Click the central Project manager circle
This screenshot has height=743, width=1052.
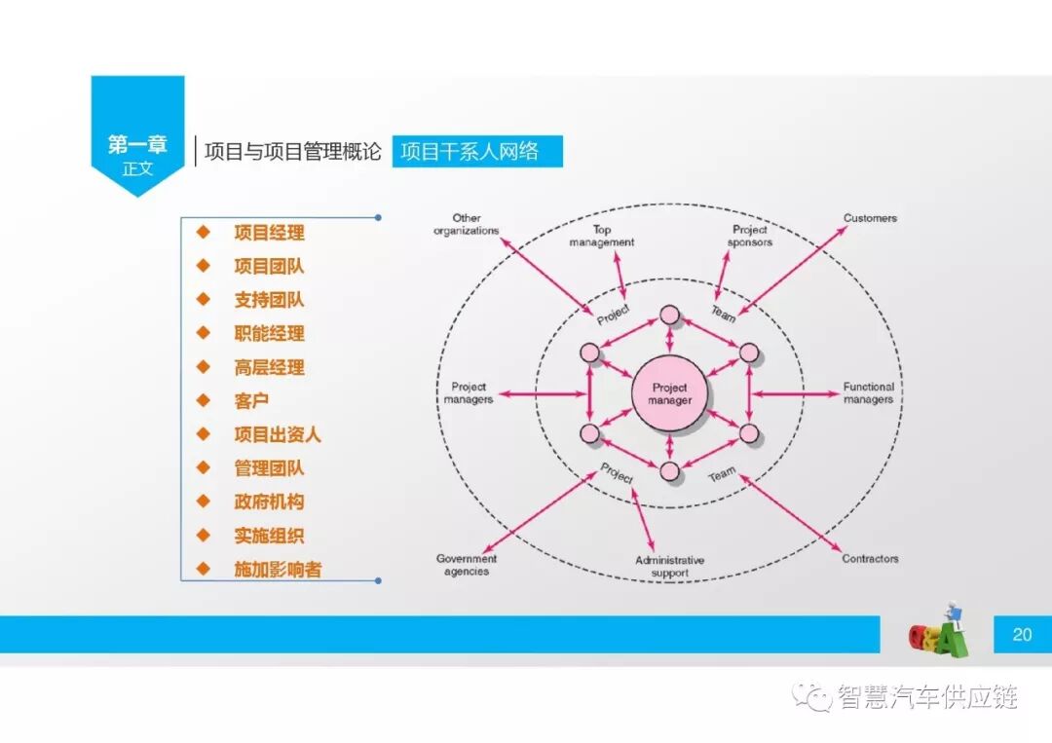(670, 393)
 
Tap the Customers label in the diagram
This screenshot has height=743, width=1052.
(870, 219)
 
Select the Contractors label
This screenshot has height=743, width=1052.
(870, 559)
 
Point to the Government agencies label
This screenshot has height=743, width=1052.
(466, 565)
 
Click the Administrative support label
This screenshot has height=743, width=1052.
(669, 567)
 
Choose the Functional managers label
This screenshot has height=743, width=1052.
(868, 393)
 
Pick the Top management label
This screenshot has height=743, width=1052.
(601, 236)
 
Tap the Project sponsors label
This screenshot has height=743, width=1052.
(750, 236)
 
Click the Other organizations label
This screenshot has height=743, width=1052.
(467, 224)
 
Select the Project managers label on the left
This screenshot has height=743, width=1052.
(469, 393)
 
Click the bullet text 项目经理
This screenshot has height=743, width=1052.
(269, 233)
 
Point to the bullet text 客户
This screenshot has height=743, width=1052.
(251, 400)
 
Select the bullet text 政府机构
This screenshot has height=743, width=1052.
(269, 502)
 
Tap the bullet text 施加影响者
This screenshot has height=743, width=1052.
(278, 570)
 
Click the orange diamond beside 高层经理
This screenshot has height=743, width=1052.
(203, 366)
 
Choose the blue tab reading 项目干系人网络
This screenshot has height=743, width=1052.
(477, 152)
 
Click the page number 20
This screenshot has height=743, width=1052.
(1022, 635)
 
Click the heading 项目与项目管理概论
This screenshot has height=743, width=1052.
(292, 152)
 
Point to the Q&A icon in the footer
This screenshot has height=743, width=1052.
(939, 634)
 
